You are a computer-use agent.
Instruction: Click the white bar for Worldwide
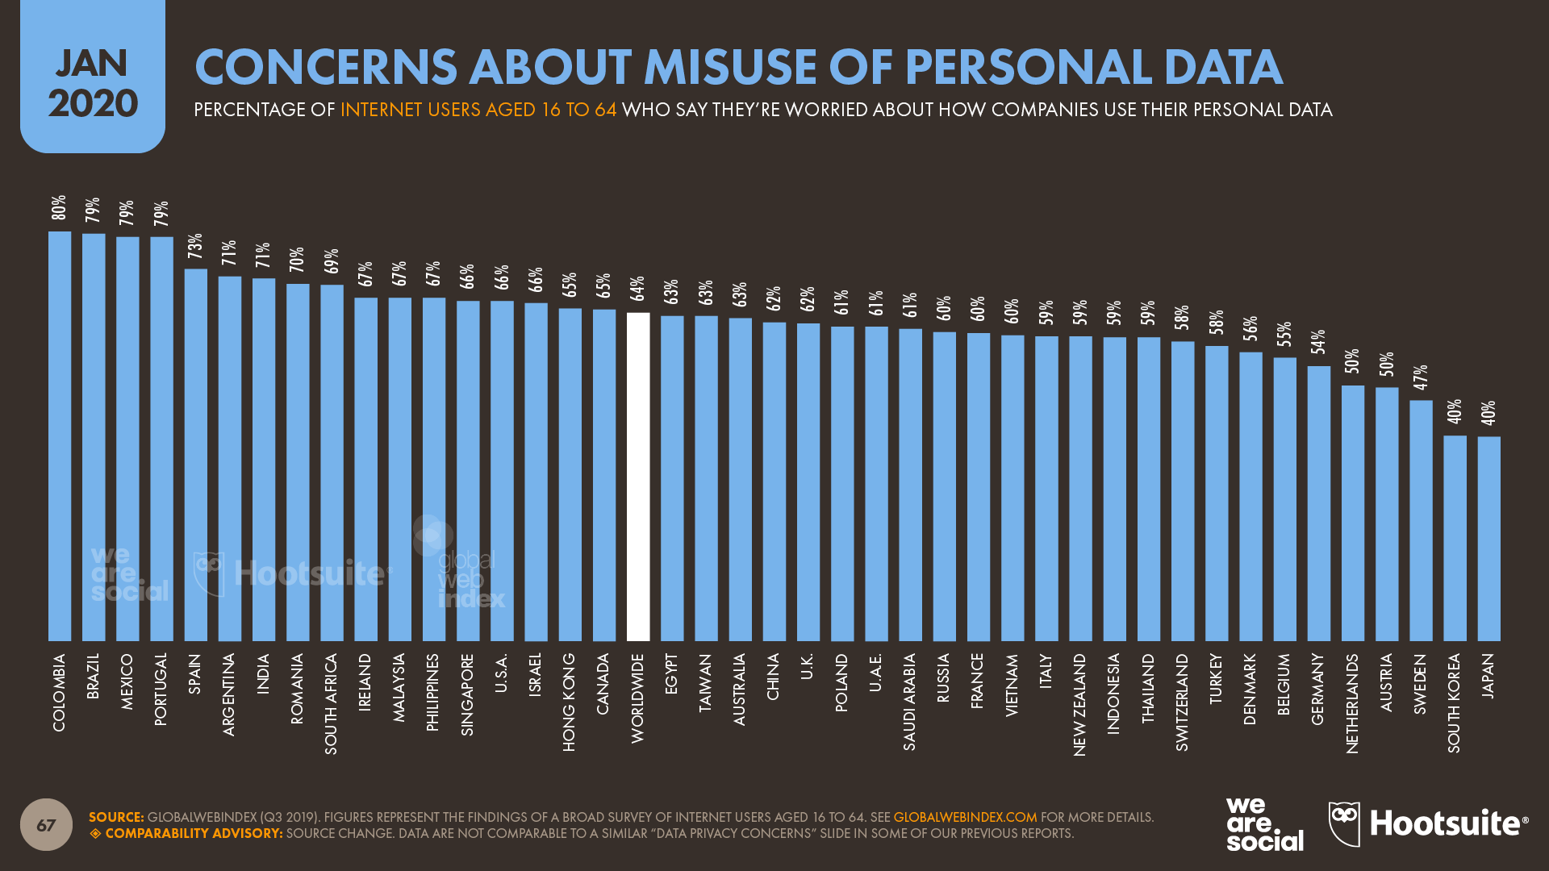coord(638,476)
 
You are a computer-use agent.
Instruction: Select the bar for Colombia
coord(60,435)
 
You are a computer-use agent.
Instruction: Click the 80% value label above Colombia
coord(59,208)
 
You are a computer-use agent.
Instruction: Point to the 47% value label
coord(1421,377)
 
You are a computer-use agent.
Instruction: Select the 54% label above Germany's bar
coord(1318,343)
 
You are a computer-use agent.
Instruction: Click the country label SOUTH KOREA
coord(1454,703)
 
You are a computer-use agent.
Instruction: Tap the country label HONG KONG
coord(570,702)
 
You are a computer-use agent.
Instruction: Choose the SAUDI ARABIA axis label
coord(910,702)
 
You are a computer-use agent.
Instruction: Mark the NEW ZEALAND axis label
coord(1079,704)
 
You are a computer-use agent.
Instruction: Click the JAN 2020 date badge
coord(93,81)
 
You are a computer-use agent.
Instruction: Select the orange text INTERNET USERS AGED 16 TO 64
coord(478,110)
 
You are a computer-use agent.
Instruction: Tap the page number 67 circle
coord(46,824)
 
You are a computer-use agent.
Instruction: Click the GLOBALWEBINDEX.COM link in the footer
coord(965,817)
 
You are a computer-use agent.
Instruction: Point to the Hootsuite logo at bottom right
coord(1428,823)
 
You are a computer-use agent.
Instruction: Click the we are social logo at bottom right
coord(1263,823)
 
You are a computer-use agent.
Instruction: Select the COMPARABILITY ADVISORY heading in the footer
coord(194,833)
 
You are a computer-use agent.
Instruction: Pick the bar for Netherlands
coord(1353,513)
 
